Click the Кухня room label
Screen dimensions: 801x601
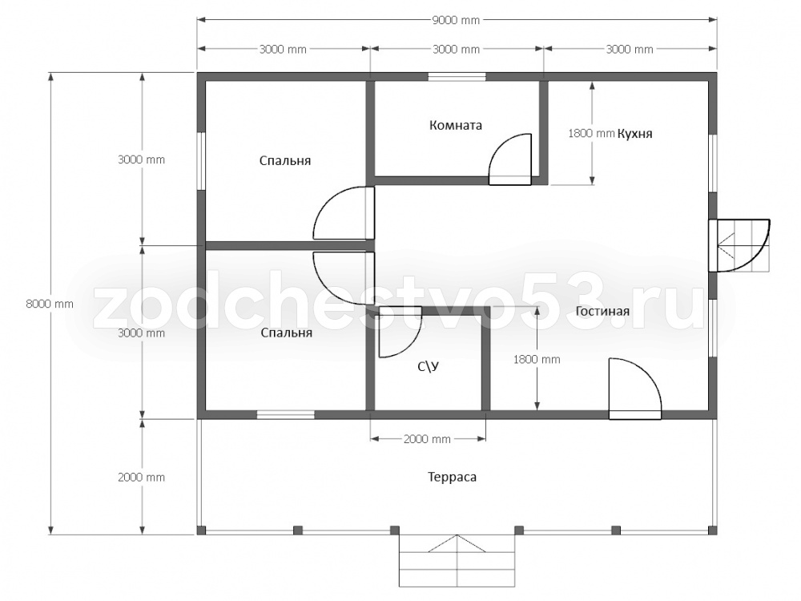coord(635,134)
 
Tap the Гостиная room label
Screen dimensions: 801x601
coord(602,311)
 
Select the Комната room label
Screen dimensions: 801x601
coord(456,125)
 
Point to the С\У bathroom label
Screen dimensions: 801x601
coord(429,366)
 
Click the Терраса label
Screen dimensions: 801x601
coord(452,478)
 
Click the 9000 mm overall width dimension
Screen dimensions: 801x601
coord(457,21)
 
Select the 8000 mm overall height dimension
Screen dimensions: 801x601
coord(50,304)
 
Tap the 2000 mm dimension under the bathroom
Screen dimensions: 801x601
coord(427,439)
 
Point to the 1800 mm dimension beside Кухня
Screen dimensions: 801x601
coord(591,133)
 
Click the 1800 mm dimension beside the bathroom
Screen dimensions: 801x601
coord(537,360)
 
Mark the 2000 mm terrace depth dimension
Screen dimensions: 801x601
coord(142,478)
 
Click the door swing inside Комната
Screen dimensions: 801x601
coord(510,159)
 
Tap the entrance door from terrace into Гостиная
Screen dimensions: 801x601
coord(635,389)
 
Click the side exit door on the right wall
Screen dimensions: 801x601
coord(739,245)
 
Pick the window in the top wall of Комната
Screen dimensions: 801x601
coord(457,77)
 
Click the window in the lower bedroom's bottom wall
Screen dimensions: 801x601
coord(286,414)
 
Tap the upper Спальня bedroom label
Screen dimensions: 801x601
coord(285,161)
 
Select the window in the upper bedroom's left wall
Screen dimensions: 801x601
coord(201,162)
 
